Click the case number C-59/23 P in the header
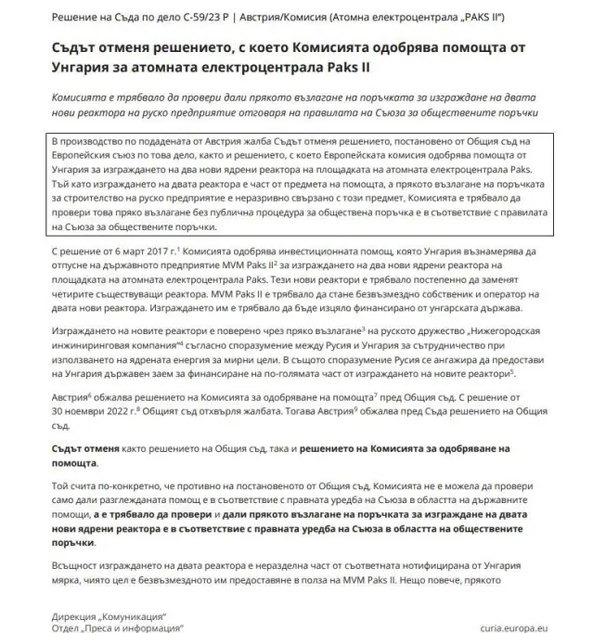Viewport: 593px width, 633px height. (214, 16)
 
